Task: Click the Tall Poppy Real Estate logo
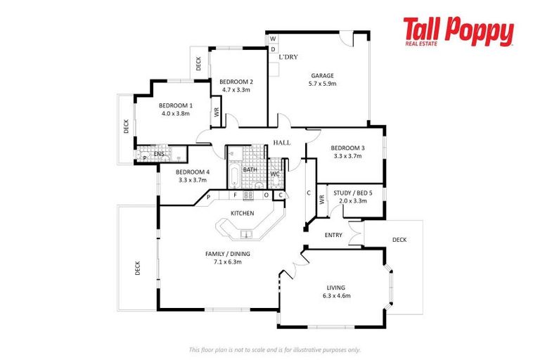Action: (458, 32)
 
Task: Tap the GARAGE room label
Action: (323, 75)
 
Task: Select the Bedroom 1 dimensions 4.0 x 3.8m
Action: (175, 113)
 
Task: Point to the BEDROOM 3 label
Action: (348, 148)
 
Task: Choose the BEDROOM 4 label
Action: (192, 172)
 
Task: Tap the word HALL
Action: (282, 143)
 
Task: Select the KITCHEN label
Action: (242, 213)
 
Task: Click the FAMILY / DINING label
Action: (227, 254)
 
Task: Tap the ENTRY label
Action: (333, 235)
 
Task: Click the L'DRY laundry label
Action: (288, 56)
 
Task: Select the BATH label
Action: (250, 169)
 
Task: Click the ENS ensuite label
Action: (159, 154)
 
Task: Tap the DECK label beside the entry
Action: (399, 240)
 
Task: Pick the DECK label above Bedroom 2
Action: (199, 64)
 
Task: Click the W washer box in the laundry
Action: (273, 38)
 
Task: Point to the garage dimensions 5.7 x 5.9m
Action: (323, 84)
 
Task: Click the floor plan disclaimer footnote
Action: (275, 349)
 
